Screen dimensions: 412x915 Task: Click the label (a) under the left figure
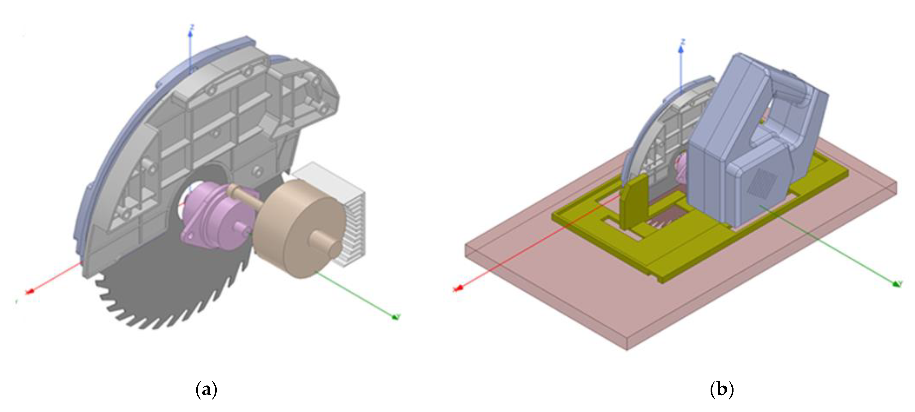point(206,390)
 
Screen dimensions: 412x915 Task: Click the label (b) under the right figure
point(721,390)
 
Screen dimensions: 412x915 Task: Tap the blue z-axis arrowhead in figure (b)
point(681,49)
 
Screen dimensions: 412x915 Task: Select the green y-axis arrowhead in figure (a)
point(395,316)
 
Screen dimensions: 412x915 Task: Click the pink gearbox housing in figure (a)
point(217,213)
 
